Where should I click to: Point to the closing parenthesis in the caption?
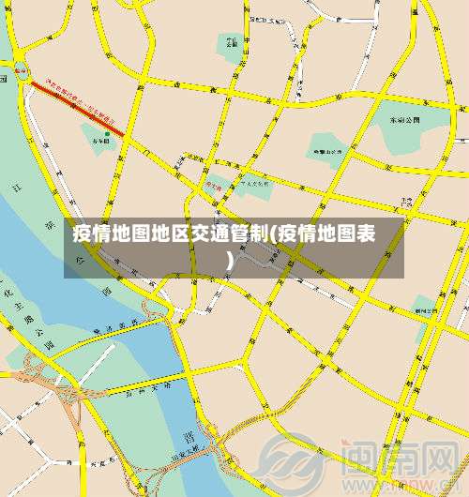(x=231, y=256)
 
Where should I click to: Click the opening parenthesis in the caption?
(x=274, y=233)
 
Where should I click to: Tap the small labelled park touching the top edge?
(x=231, y=42)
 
